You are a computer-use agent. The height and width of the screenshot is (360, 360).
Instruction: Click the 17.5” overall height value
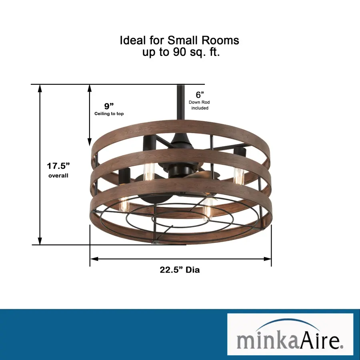pos(58,166)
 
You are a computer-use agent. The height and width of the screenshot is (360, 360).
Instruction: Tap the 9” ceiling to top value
pos(109,106)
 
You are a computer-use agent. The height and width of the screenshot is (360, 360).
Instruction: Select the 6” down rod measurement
pos(200,94)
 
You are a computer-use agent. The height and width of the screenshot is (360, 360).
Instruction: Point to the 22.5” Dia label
pos(180,270)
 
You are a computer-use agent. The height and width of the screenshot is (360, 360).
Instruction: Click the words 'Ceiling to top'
pos(109,114)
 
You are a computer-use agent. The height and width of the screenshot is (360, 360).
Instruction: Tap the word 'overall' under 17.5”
pos(58,176)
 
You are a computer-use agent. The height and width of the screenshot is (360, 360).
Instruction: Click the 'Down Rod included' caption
pos(199,105)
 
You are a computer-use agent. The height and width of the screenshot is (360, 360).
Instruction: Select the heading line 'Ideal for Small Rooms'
pos(180,40)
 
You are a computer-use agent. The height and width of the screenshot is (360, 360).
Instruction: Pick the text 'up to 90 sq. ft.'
pos(181,52)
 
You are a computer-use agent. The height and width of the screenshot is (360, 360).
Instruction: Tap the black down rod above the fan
pos(181,108)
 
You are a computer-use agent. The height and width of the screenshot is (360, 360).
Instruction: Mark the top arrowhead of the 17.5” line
pos(40,89)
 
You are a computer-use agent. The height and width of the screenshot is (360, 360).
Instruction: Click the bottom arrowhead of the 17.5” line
pos(40,241)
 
